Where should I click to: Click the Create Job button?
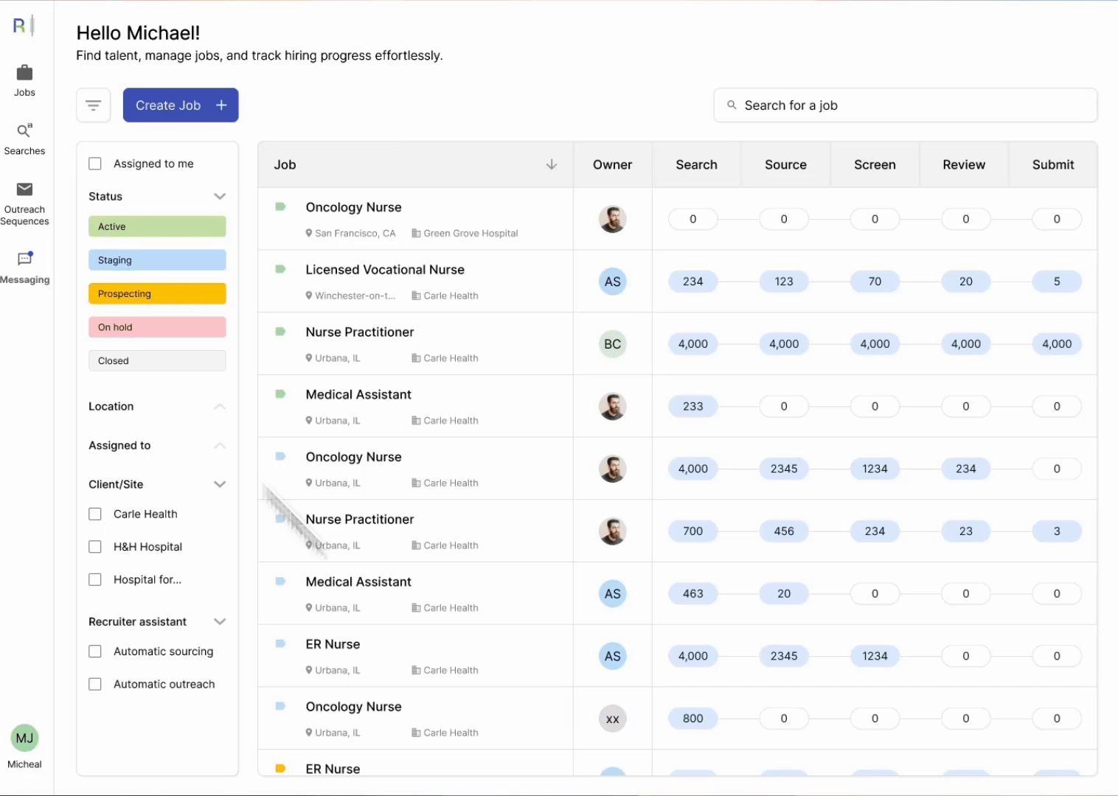[x=180, y=105]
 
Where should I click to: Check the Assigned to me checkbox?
[x=95, y=164]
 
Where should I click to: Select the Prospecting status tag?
[x=157, y=293]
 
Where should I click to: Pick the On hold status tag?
[x=157, y=327]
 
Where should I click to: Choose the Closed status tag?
[x=157, y=360]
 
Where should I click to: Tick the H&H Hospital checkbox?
[x=95, y=547]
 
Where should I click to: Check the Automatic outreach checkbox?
[x=95, y=684]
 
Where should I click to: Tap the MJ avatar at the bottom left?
[x=25, y=738]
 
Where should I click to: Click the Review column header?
[x=964, y=165]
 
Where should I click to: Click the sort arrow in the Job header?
[x=551, y=164]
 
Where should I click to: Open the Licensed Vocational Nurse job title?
[x=385, y=270]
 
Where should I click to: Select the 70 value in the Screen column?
[x=875, y=282]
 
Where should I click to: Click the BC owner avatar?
[x=612, y=344]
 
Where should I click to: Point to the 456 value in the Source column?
[x=784, y=531]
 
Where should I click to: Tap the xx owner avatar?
[x=612, y=719]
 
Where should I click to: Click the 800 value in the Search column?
[x=692, y=719]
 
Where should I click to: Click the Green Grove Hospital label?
[x=471, y=234]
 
